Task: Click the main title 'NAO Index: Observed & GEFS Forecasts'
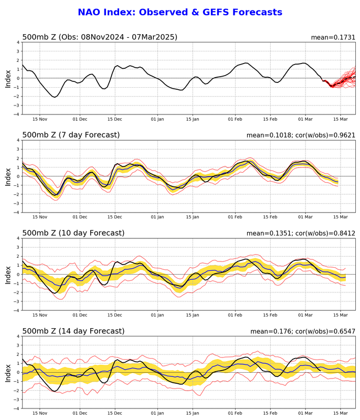click(180, 12)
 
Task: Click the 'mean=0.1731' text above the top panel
click(333, 37)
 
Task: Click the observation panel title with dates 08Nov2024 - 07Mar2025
click(100, 37)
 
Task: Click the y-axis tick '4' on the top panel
click(17, 42)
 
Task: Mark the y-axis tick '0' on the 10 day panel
click(17, 274)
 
